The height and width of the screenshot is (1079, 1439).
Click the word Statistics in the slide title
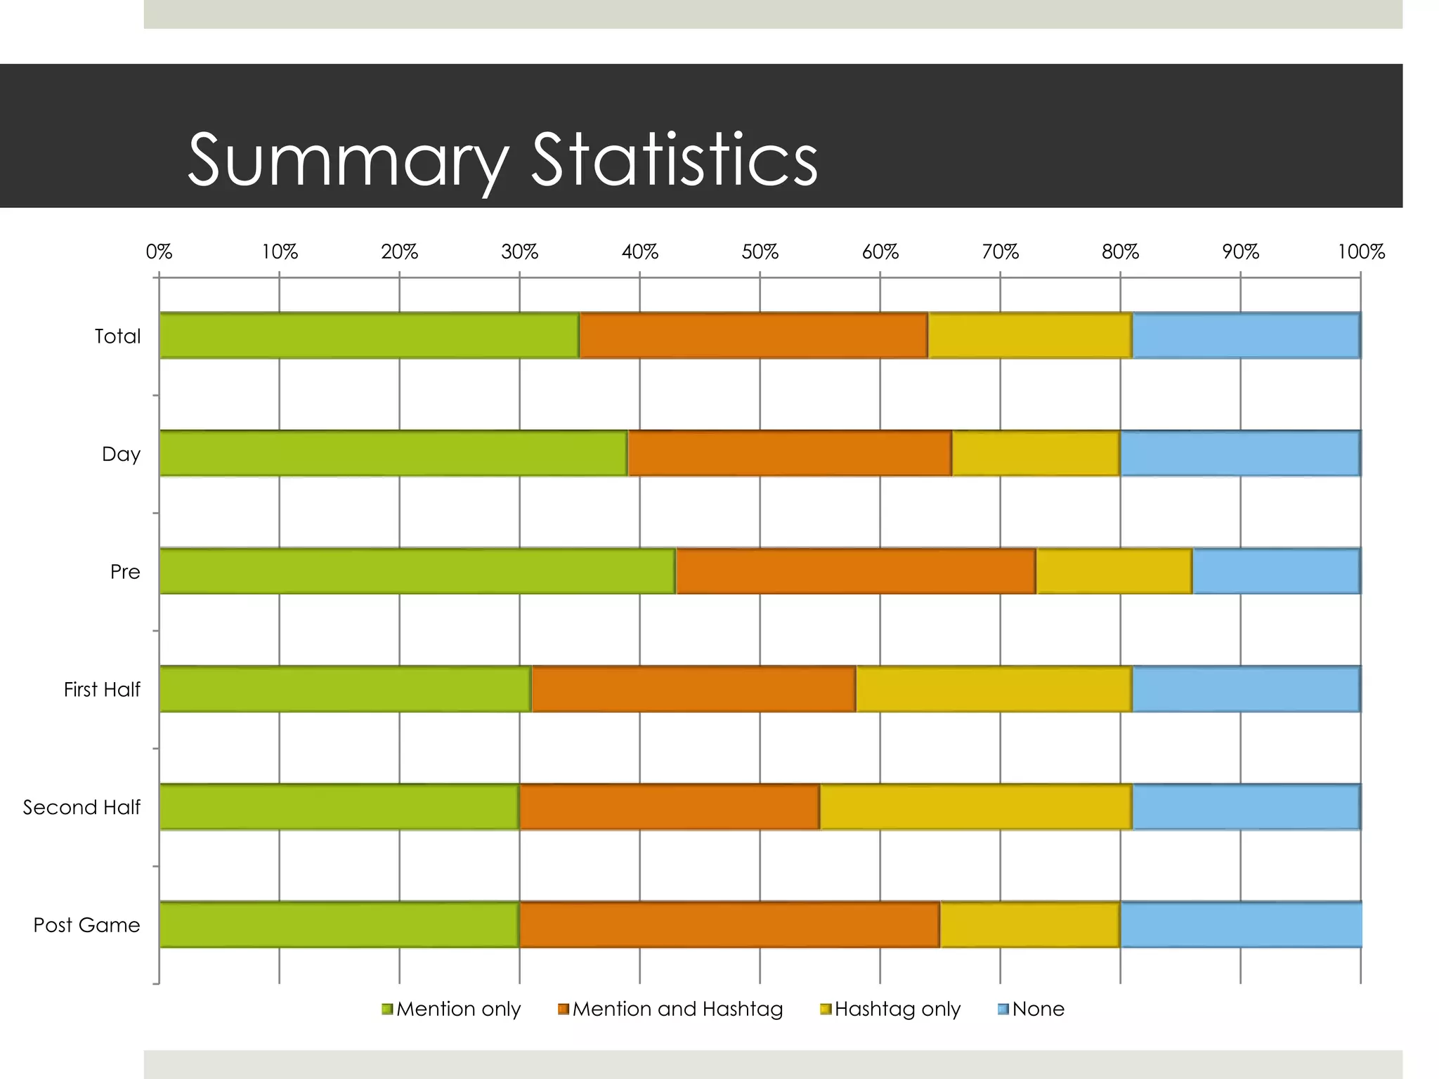click(674, 159)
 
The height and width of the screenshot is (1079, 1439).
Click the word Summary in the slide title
click(348, 161)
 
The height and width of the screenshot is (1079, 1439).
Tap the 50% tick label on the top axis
click(760, 251)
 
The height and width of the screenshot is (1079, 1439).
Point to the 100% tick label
click(1360, 251)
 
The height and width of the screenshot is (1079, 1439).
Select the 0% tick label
click(159, 251)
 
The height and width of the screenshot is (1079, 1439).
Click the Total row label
click(117, 336)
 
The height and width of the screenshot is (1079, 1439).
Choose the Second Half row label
click(82, 807)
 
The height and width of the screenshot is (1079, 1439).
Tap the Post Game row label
click(86, 925)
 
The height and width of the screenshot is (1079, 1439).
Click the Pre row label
click(125, 572)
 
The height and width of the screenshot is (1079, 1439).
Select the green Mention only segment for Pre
click(417, 571)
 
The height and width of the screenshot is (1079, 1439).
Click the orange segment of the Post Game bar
click(729, 924)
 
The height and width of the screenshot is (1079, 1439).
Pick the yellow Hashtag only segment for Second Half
click(975, 806)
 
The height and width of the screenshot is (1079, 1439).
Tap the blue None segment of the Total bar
click(1246, 336)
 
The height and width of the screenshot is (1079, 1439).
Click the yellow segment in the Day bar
click(1036, 454)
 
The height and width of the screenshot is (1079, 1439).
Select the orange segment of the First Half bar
click(694, 689)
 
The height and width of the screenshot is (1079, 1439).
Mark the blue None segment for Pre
click(1276, 571)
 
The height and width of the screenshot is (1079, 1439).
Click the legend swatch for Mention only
click(387, 1009)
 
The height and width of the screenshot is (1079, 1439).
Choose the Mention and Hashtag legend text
click(677, 1009)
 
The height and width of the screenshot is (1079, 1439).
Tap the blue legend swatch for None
click(1003, 1009)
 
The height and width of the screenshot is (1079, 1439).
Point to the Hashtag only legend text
click(897, 1009)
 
